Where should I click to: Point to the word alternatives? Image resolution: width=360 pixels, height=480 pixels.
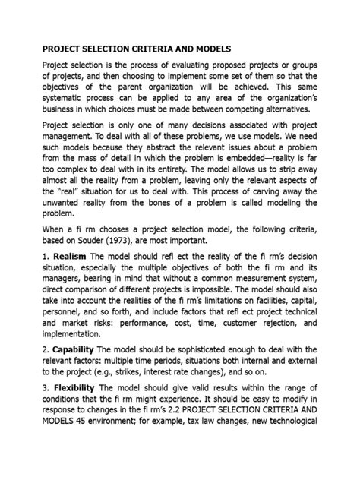click(288, 111)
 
